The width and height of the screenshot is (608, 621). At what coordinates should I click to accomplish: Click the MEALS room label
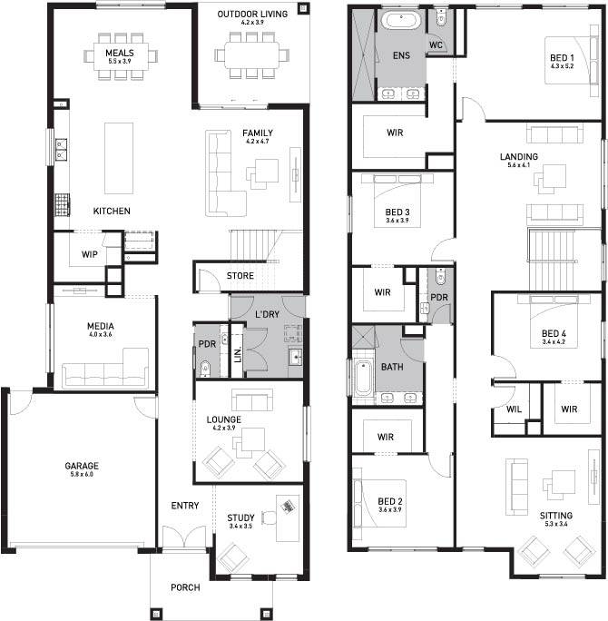pyautogui.click(x=120, y=53)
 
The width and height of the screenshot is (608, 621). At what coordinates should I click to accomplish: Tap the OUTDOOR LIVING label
pyautogui.click(x=252, y=14)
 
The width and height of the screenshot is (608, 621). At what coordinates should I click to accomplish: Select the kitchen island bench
pyautogui.click(x=119, y=158)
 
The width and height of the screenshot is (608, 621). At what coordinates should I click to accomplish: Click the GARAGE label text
pyautogui.click(x=82, y=466)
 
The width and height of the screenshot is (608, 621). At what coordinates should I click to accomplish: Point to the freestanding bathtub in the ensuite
pyautogui.click(x=401, y=21)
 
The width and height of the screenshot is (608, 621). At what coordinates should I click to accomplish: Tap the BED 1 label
pyautogui.click(x=562, y=58)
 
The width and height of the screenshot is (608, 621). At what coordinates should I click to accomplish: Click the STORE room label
pyautogui.click(x=240, y=276)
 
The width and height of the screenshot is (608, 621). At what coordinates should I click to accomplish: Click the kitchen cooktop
pyautogui.click(x=62, y=204)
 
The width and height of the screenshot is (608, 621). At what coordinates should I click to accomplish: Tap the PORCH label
pyautogui.click(x=185, y=587)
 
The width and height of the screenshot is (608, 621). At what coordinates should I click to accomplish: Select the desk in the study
pyautogui.click(x=288, y=517)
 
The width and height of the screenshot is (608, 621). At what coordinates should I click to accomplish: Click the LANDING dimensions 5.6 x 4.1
pyautogui.click(x=518, y=165)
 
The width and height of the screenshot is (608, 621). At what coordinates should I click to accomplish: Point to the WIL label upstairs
pyautogui.click(x=514, y=409)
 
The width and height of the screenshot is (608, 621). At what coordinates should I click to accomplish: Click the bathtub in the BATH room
pyautogui.click(x=363, y=378)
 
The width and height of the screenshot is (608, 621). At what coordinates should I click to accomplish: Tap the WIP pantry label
pyautogui.click(x=90, y=254)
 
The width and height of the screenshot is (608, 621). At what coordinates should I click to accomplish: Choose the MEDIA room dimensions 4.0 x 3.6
pyautogui.click(x=101, y=334)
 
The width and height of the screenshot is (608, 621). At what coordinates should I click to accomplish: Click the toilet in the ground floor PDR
pyautogui.click(x=205, y=369)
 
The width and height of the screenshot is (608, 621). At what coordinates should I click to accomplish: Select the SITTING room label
pyautogui.click(x=556, y=516)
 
